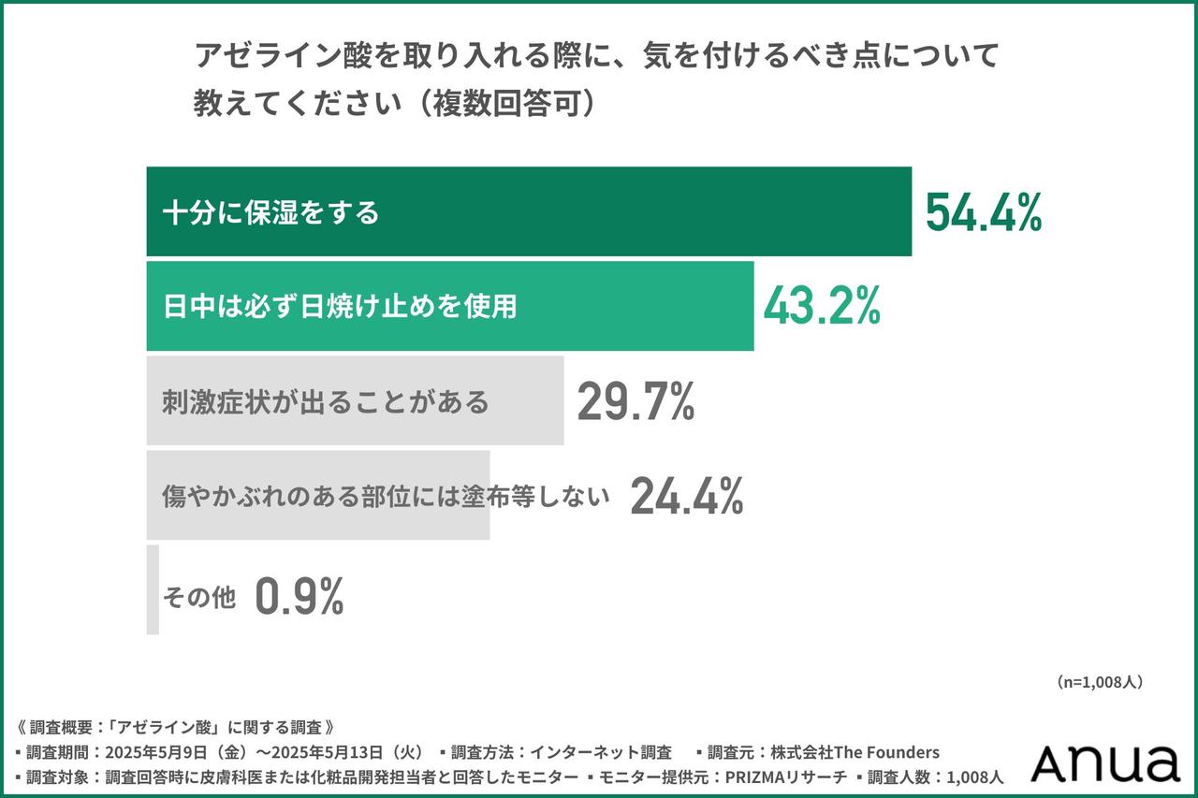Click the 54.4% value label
[983, 212]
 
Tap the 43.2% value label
[822, 306]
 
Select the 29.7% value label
[636, 401]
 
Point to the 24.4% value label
[686, 496]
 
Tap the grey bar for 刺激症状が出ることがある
[524, 400]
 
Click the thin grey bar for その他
[153, 589]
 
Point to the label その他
[198, 597]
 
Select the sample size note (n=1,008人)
[1099, 682]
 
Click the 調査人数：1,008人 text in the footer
[936, 776]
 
